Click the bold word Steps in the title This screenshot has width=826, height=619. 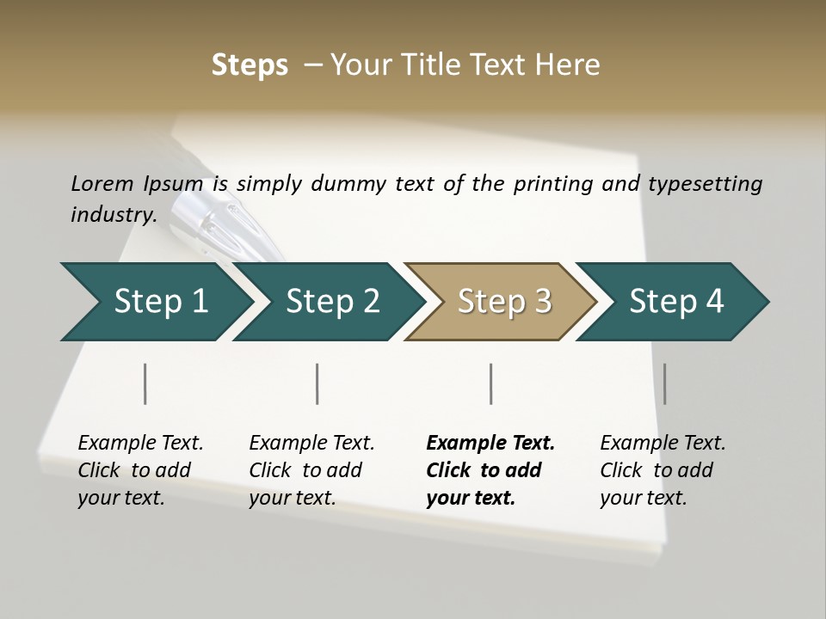coord(250,64)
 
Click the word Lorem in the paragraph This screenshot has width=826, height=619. coord(102,183)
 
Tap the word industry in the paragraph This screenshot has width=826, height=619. coord(111,214)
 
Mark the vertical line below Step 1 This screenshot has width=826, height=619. coord(145,383)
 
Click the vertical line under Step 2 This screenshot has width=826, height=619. coord(317,383)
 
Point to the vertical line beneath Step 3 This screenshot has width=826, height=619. coord(490,383)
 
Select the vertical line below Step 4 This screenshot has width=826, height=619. coord(664,383)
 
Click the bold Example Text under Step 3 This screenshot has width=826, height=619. coord(490,443)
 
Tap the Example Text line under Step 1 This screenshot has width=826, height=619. coord(140,443)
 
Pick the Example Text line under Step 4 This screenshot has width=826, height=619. coord(663,443)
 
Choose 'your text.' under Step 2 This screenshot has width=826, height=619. coord(293,498)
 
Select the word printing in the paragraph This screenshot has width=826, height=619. coord(552,183)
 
